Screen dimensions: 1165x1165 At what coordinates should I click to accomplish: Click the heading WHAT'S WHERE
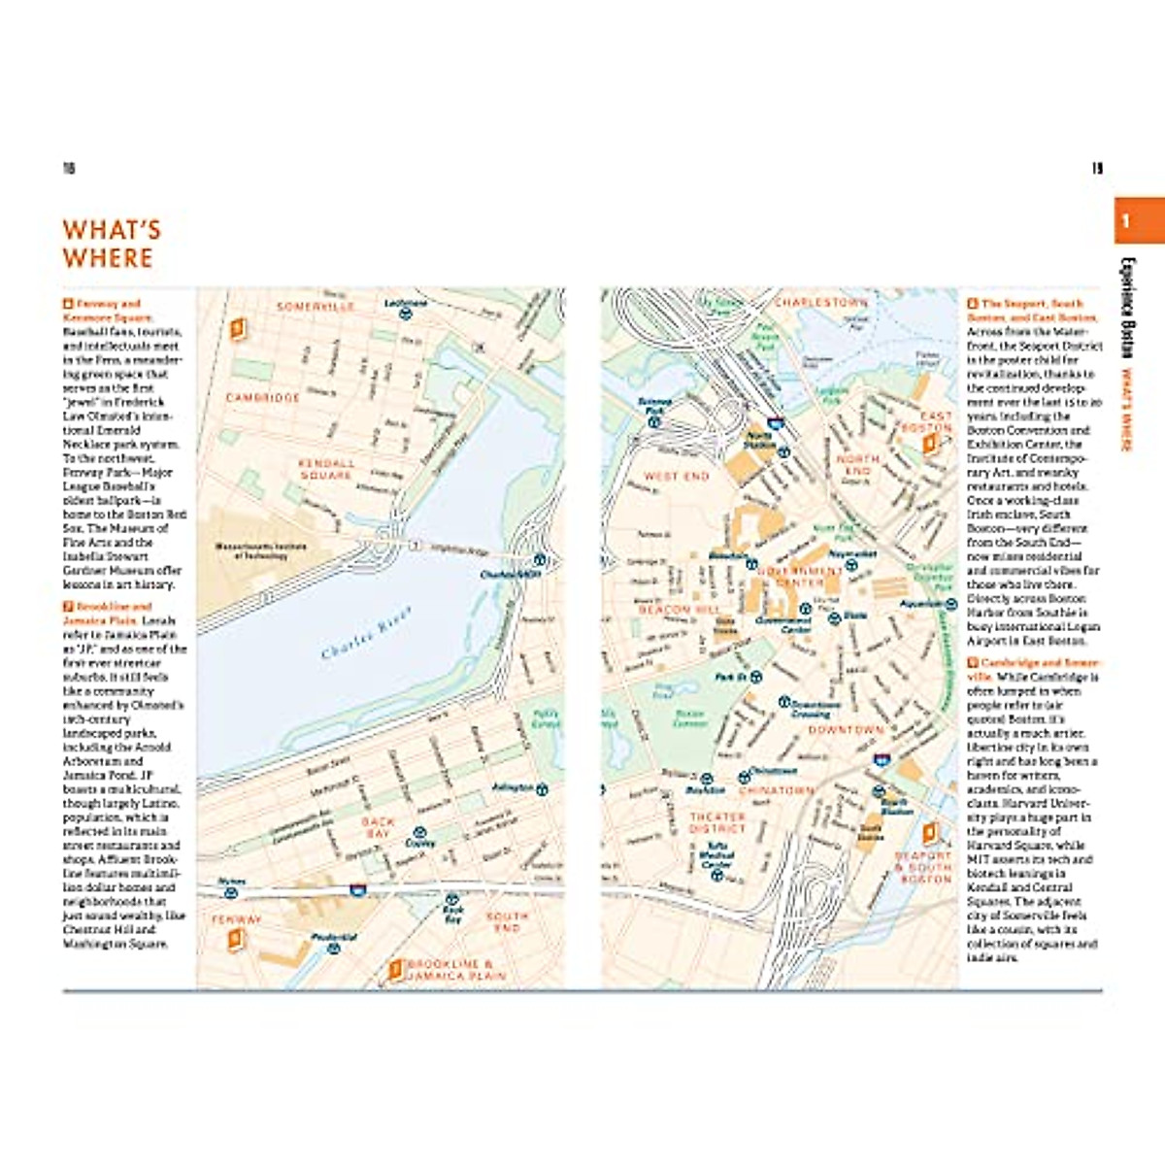111,244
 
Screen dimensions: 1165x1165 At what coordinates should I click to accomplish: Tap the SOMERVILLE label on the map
316,307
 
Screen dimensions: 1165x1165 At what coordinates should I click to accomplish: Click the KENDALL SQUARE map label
326,469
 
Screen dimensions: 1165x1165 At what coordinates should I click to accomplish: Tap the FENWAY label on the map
237,918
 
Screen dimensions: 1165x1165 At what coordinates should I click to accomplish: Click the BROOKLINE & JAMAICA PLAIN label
456,970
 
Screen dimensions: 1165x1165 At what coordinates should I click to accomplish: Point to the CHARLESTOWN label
821,303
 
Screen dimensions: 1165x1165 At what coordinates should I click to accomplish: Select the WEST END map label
677,477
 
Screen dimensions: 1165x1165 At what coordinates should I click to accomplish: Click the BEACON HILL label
680,610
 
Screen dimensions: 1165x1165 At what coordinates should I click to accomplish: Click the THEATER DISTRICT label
716,822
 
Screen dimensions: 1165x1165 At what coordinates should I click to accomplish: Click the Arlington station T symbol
544,788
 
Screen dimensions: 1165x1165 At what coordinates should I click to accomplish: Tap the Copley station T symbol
420,833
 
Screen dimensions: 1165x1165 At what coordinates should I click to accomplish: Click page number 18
69,169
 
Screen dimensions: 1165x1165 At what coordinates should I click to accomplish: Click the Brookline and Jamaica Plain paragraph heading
107,613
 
